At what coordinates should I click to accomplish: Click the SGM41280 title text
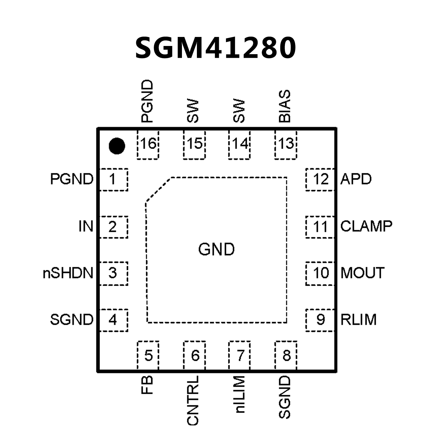(x=216, y=48)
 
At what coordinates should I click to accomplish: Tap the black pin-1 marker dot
(x=117, y=146)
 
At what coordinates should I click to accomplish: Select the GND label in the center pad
(x=216, y=249)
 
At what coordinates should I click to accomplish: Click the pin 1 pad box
(x=114, y=179)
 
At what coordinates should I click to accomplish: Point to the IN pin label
(x=86, y=227)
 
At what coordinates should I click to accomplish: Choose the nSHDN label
(x=68, y=273)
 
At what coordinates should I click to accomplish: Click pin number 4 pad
(x=114, y=320)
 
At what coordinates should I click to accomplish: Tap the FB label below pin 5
(x=147, y=385)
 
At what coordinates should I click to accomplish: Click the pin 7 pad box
(x=239, y=355)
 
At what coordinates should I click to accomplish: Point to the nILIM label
(x=239, y=394)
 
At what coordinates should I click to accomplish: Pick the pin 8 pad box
(x=286, y=355)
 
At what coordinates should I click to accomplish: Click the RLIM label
(x=359, y=320)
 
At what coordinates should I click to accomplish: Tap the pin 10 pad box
(x=320, y=273)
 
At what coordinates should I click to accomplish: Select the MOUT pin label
(x=362, y=273)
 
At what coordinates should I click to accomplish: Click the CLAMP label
(x=366, y=226)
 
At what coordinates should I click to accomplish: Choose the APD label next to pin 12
(x=356, y=179)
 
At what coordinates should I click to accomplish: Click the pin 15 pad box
(x=194, y=144)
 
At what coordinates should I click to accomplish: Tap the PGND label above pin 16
(x=147, y=102)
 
